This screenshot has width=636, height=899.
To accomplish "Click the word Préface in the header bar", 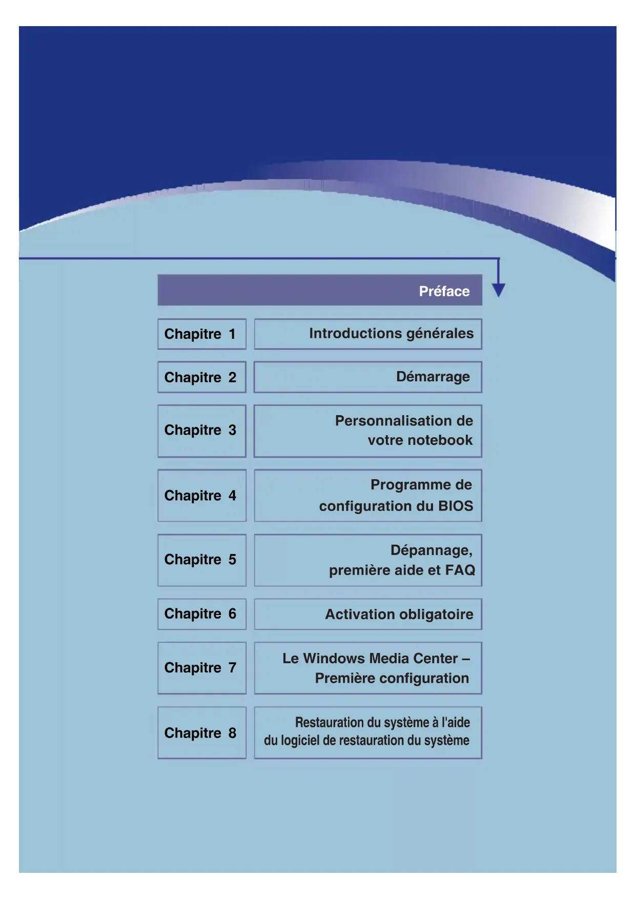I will coord(444,291).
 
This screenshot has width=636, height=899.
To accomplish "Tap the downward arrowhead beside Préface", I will coord(498,290).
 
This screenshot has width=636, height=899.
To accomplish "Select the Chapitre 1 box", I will coord(201,334).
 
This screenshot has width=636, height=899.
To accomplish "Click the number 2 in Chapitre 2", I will coord(232,378).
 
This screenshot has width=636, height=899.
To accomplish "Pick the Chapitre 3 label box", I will coord(201,431).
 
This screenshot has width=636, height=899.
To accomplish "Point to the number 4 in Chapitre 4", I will coord(232,496).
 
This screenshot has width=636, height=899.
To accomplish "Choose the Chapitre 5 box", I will coord(201,560).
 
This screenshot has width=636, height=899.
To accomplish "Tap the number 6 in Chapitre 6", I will coord(232,614).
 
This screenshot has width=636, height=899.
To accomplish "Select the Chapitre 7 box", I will coord(201,668).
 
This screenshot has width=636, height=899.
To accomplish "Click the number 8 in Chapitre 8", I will coord(232,733).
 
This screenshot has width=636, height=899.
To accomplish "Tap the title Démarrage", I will coord(433,377).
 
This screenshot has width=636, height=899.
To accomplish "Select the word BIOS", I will coord(455,506).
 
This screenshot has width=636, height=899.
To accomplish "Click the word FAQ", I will coord(460,570).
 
